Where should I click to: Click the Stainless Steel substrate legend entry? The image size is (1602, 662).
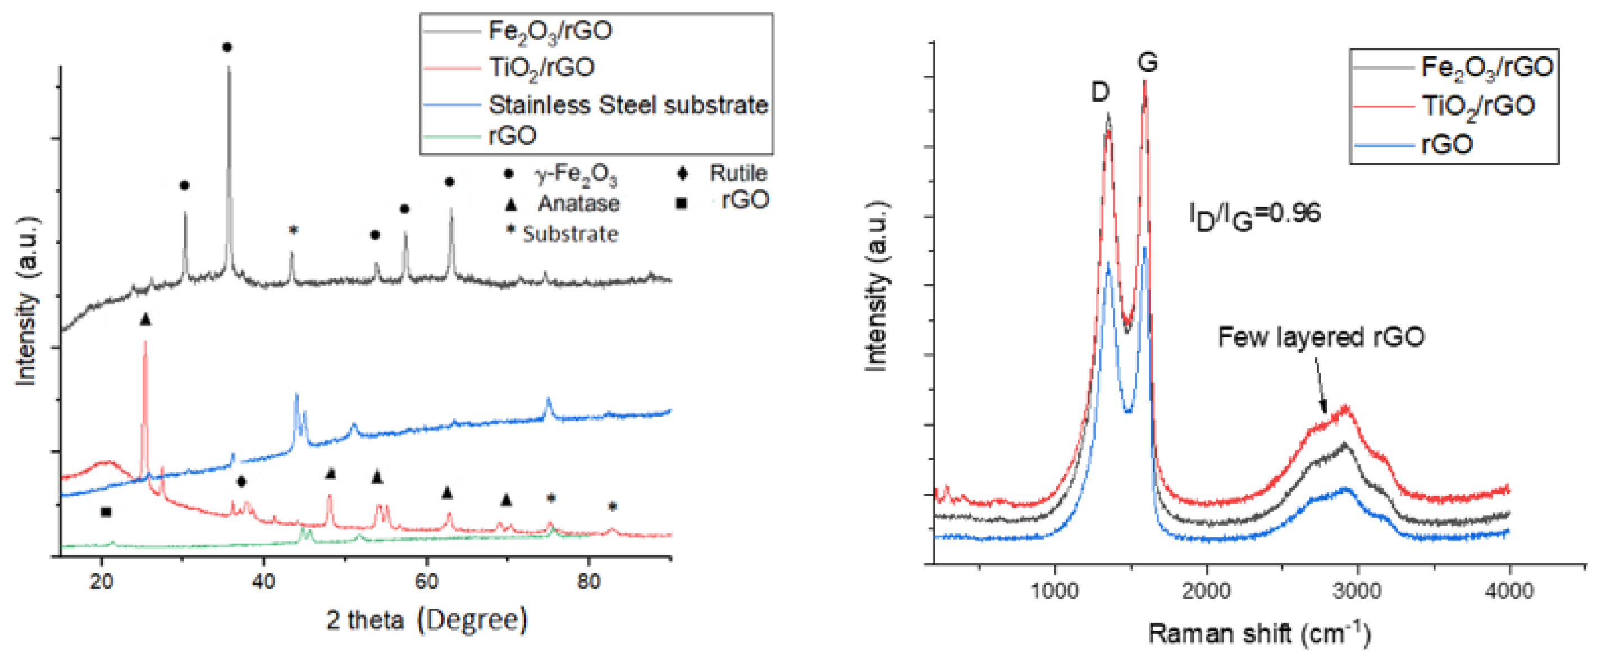[627, 104]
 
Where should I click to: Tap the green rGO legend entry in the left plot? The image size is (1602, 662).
[512, 135]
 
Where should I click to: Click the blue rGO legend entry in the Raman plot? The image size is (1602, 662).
[1446, 144]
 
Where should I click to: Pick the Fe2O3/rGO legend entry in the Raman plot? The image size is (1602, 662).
[1486, 66]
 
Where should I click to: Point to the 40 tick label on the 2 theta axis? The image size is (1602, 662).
[264, 581]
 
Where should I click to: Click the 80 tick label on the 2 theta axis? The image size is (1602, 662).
[588, 581]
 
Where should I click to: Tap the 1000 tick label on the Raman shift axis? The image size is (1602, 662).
[1054, 590]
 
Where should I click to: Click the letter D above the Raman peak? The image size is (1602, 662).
[1100, 92]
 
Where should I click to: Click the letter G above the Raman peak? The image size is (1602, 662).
[1147, 62]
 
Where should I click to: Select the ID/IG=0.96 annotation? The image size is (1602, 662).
[1255, 215]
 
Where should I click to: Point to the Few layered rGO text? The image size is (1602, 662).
[1320, 336]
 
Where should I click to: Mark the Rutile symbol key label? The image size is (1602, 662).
[738, 172]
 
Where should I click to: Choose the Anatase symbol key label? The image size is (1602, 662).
[578, 203]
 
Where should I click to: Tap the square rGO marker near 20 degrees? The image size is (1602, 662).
[106, 512]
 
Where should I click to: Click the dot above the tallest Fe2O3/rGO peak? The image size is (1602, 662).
[227, 47]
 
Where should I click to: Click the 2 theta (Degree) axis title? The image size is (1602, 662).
[427, 619]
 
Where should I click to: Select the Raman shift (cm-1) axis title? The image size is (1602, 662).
[1259, 633]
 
